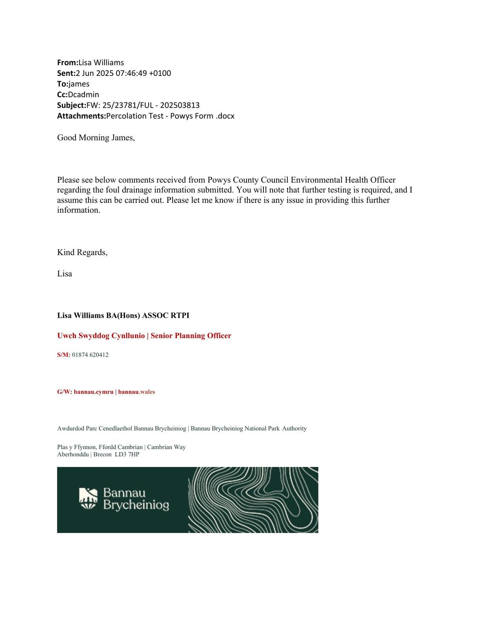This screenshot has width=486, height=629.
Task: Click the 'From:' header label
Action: (68, 63)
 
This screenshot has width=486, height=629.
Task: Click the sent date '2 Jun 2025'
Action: (95, 73)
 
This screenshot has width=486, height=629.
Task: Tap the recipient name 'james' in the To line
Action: (79, 84)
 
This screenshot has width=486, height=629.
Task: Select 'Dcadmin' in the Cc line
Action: (83, 94)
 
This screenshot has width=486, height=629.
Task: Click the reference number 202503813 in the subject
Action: (180, 105)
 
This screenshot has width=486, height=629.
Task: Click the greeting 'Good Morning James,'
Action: (96, 138)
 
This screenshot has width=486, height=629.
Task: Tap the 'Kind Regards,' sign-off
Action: (82, 252)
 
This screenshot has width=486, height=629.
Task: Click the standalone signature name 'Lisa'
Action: (64, 274)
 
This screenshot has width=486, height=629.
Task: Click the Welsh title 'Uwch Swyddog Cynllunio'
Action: (101, 336)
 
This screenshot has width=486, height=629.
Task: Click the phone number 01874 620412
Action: (90, 355)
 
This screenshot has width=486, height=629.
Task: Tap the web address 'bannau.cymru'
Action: (94, 392)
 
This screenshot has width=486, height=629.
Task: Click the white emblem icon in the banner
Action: (88, 498)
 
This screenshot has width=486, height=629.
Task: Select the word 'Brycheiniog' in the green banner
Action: (136, 505)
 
